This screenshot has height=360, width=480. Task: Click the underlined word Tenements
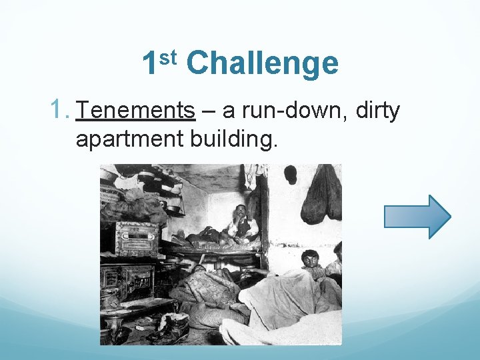pyautogui.click(x=135, y=111)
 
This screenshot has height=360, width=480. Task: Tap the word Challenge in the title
pyautogui.click(x=263, y=64)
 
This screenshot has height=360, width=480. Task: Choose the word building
pyautogui.click(x=232, y=139)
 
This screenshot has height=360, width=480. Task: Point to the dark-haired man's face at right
pyautogui.click(x=309, y=258)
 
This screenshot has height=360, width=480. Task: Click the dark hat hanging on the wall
pyautogui.click(x=290, y=175)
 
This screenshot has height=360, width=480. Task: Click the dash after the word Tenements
pyautogui.click(x=207, y=111)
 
